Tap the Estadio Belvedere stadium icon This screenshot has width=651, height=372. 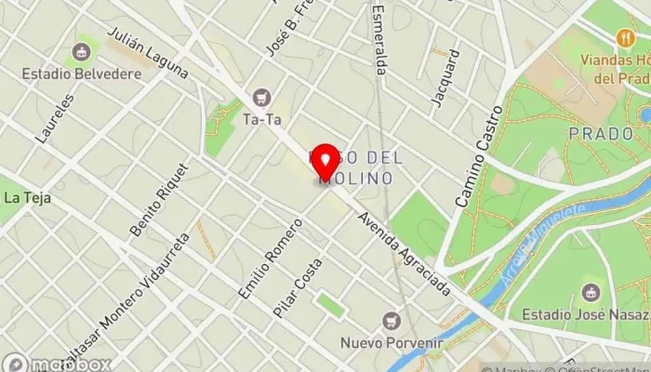pos(82,53)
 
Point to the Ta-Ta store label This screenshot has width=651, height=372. pos(261,119)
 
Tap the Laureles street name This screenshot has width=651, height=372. pos(54,119)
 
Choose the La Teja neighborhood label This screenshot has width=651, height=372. pos(26,197)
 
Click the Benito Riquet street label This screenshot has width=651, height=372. pos(159,199)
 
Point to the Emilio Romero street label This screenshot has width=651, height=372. pos(271,259)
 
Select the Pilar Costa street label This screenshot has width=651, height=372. pos(298,287)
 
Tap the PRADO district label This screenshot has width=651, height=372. pos(601,134)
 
